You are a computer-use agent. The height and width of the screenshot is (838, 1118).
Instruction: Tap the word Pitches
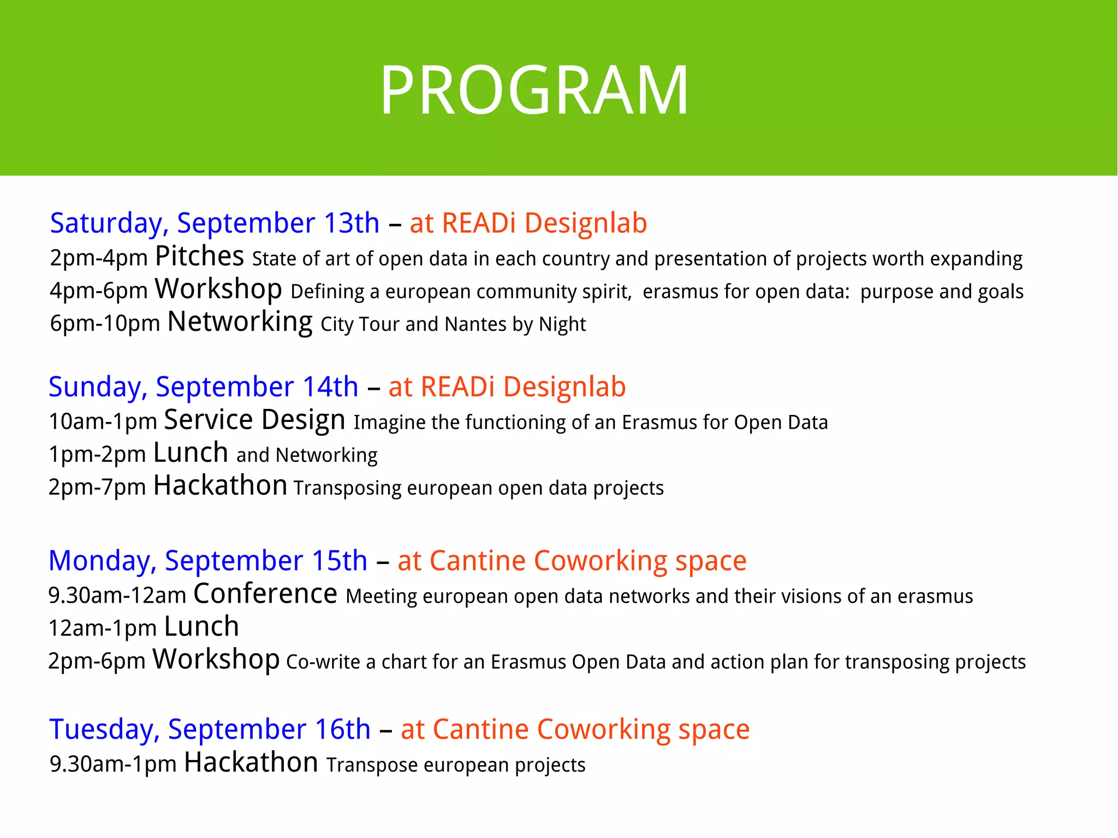(x=199, y=257)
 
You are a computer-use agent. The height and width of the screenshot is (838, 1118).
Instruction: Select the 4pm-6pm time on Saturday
(x=99, y=291)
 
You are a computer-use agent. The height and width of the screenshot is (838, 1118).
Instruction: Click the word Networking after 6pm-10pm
(x=240, y=323)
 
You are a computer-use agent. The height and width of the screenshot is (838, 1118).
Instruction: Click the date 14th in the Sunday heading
(x=330, y=387)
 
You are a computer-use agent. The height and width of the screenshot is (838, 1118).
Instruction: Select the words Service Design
(x=254, y=420)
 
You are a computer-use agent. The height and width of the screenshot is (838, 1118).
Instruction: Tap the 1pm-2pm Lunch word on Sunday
(x=191, y=453)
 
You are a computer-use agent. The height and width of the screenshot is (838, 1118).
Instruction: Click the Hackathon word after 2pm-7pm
(x=220, y=486)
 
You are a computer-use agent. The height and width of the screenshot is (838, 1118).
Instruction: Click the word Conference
(x=265, y=594)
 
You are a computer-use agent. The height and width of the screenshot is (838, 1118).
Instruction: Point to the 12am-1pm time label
(x=103, y=628)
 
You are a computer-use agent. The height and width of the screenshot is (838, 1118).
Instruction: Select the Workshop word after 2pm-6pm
(x=216, y=659)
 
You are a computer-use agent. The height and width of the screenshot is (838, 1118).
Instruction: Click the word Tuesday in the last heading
(x=104, y=729)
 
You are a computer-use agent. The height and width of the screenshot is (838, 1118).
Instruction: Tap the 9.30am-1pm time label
(x=113, y=764)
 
